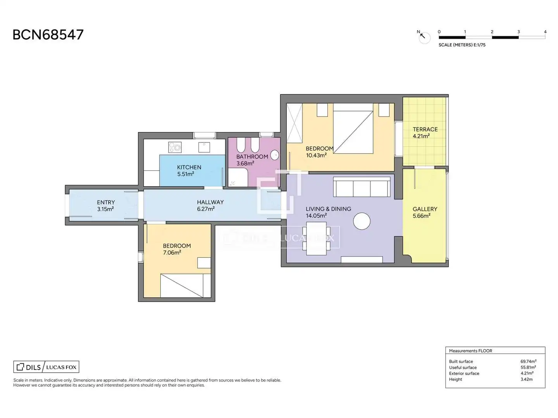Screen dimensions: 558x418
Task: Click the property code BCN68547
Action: [48, 35]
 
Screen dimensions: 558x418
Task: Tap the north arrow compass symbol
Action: [424, 37]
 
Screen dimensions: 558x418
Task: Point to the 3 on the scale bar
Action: [518, 32]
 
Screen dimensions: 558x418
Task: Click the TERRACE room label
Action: [425, 129]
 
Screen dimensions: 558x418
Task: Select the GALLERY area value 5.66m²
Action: [422, 216]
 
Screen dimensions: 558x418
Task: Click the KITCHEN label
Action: [189, 167]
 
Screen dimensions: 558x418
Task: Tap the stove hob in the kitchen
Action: [175, 147]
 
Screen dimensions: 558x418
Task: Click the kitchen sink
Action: [204, 147]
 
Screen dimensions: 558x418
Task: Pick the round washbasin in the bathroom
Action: [275, 155]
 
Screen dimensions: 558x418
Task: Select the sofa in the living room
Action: [362, 187]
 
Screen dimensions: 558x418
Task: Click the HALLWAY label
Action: [210, 202]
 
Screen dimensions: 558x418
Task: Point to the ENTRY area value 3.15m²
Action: [105, 209]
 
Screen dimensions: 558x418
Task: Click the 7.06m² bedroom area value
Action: [172, 252]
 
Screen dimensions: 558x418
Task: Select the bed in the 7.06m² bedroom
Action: [186, 286]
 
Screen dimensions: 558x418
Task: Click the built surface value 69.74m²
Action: [528, 361]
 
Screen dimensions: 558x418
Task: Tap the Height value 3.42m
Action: [527, 379]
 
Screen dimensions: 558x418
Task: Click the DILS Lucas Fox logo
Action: [46, 367]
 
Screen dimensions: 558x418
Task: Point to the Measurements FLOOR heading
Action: [470, 351]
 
